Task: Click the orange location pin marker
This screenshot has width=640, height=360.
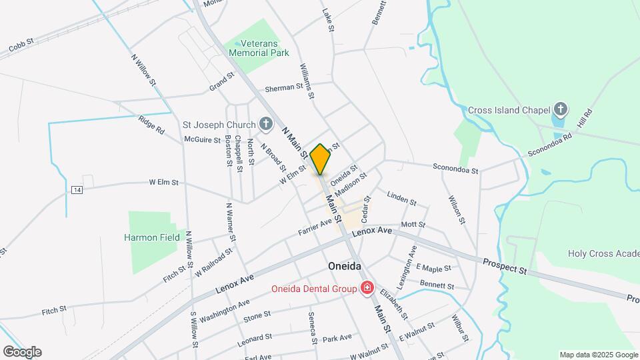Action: coord(320,159)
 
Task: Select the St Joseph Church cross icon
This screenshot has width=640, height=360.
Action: coord(265,124)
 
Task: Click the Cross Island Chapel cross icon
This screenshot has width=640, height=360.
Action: coord(561,109)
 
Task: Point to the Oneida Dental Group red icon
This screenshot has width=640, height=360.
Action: coord(367,288)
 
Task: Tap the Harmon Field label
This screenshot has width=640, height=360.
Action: coord(152,237)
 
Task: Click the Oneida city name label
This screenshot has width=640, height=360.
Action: coord(345,266)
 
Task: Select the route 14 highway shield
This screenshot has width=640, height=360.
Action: coord(77,190)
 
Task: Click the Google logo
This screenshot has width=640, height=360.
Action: coord(22,352)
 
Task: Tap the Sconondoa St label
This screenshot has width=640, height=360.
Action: coord(455,169)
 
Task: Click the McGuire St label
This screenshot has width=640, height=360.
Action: coord(203,140)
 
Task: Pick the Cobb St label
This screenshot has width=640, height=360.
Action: coord(22,49)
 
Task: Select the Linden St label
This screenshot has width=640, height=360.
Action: coord(401,200)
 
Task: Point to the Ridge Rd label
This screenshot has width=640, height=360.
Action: coord(151,125)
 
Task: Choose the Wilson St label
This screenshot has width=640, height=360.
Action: coord(456,209)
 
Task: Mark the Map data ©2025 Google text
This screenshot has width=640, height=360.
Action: coord(597,355)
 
